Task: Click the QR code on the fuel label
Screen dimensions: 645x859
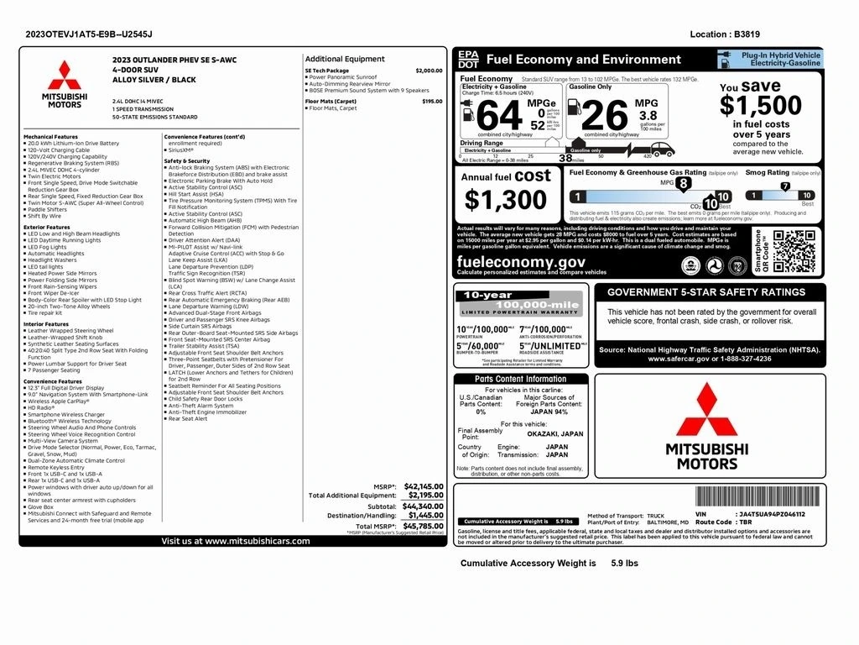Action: tap(793, 252)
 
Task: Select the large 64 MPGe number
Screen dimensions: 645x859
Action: tap(498, 115)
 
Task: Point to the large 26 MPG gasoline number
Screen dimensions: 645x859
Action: tap(604, 115)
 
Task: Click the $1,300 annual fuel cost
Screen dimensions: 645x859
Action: tap(506, 200)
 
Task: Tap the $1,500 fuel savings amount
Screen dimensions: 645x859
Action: tap(760, 105)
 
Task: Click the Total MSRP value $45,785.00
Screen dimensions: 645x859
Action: tap(423, 527)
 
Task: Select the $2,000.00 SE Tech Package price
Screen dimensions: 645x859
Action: tap(429, 71)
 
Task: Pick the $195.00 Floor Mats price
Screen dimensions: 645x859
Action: tap(432, 102)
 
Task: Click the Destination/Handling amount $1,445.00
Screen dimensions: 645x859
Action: tap(425, 515)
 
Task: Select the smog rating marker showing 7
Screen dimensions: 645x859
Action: tap(785, 186)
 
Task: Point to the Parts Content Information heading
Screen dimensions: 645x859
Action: tap(520, 380)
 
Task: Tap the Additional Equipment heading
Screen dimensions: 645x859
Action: tap(345, 59)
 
